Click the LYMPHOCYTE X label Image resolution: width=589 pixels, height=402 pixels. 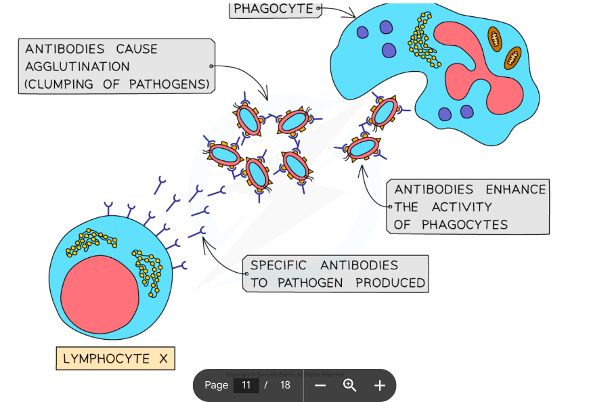coord(115,359)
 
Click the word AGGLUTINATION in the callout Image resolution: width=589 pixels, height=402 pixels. coord(77,66)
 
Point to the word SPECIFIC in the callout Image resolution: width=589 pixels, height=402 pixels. coord(278,265)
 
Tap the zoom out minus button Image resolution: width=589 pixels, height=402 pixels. coord(320,385)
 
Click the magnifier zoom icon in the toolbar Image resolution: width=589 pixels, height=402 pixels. coord(349,385)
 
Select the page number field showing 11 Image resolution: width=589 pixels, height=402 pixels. coord(246,385)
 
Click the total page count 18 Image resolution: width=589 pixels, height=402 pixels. coord(285,385)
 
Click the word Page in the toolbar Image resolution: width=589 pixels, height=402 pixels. coord(216,385)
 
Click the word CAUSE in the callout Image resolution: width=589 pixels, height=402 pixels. coord(136,49)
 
